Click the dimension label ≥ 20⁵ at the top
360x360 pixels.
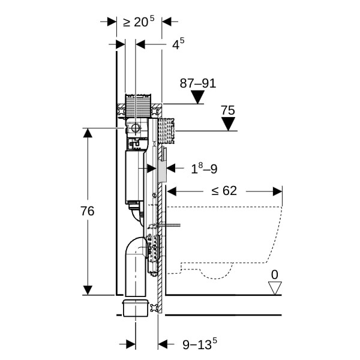coord(139,22)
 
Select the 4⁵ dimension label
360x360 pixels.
coord(178,44)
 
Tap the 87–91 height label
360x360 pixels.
coord(197,83)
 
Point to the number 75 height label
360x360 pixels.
coord(227,110)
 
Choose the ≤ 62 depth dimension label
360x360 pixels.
coord(224,191)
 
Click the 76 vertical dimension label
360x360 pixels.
coord(88,211)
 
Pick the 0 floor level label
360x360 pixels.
coord(275,274)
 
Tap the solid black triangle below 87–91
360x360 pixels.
coord(197,97)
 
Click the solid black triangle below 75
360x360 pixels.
coord(227,124)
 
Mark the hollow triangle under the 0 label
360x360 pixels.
coord(275,288)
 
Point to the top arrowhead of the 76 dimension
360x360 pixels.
coord(88,134)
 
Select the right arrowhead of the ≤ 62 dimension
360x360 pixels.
coord(277,191)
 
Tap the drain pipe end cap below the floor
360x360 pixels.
coord(136,308)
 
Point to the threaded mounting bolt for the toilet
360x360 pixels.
coord(172,226)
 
